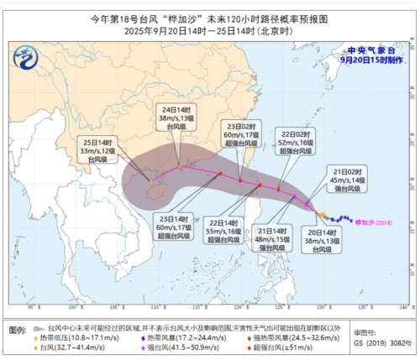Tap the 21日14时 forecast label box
[273, 238]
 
